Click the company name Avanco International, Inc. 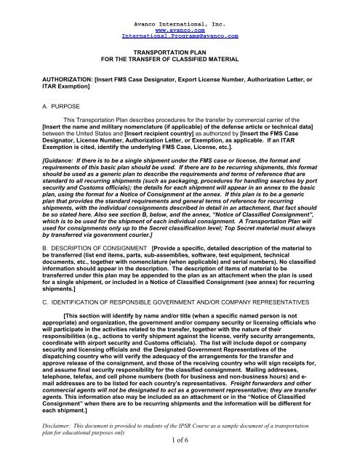tap(180, 7)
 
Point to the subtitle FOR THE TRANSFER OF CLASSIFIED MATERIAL tap(180, 61)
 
